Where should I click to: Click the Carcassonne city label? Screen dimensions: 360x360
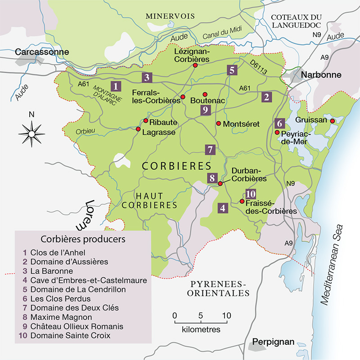tap(41, 52)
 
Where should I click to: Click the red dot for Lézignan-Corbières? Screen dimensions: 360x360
tap(195, 66)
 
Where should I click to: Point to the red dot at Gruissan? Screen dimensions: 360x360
tap(332, 121)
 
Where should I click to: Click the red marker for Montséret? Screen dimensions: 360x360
tap(218, 123)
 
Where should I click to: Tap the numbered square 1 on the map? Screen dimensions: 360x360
tap(117, 85)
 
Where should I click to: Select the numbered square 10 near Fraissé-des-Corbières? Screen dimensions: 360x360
tap(251, 194)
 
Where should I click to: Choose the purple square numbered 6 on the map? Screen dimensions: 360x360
tap(279, 123)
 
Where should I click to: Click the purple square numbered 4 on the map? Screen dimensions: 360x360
tap(223, 208)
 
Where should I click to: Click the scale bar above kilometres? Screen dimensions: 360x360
tap(201, 322)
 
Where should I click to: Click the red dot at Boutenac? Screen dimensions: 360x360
tap(205, 94)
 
